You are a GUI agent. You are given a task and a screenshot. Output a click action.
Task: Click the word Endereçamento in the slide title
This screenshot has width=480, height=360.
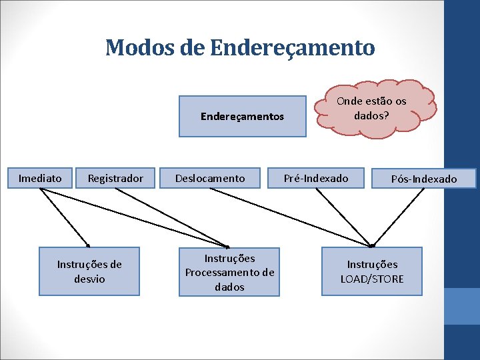click(292, 47)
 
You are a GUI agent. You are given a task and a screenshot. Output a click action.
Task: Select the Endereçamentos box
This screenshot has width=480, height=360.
click(242, 117)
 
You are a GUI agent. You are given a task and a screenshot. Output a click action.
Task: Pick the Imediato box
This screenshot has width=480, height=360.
click(40, 178)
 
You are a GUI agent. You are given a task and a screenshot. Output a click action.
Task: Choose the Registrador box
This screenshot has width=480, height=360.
click(115, 178)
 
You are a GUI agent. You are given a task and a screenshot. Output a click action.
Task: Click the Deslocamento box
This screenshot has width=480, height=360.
click(210, 178)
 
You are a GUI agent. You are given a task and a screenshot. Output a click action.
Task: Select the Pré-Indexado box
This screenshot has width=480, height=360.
click(316, 178)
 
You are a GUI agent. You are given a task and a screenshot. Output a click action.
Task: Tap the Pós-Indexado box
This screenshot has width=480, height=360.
click(424, 179)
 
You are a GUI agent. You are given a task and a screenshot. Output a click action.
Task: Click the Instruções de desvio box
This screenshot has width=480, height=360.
click(89, 271)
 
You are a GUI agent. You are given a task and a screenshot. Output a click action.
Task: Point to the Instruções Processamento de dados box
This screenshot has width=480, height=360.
click(229, 272)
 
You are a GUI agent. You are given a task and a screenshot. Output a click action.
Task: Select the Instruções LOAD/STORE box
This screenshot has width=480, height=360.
click(372, 271)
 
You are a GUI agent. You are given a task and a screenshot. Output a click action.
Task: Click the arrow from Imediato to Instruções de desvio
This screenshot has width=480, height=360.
click(65, 217)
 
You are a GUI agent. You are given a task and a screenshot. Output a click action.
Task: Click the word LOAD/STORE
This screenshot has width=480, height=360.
click(372, 279)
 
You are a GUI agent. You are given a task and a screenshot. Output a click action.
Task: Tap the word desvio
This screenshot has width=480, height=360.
click(89, 279)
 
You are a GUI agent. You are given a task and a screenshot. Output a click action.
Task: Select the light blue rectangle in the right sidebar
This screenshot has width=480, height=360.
click(461, 306)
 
